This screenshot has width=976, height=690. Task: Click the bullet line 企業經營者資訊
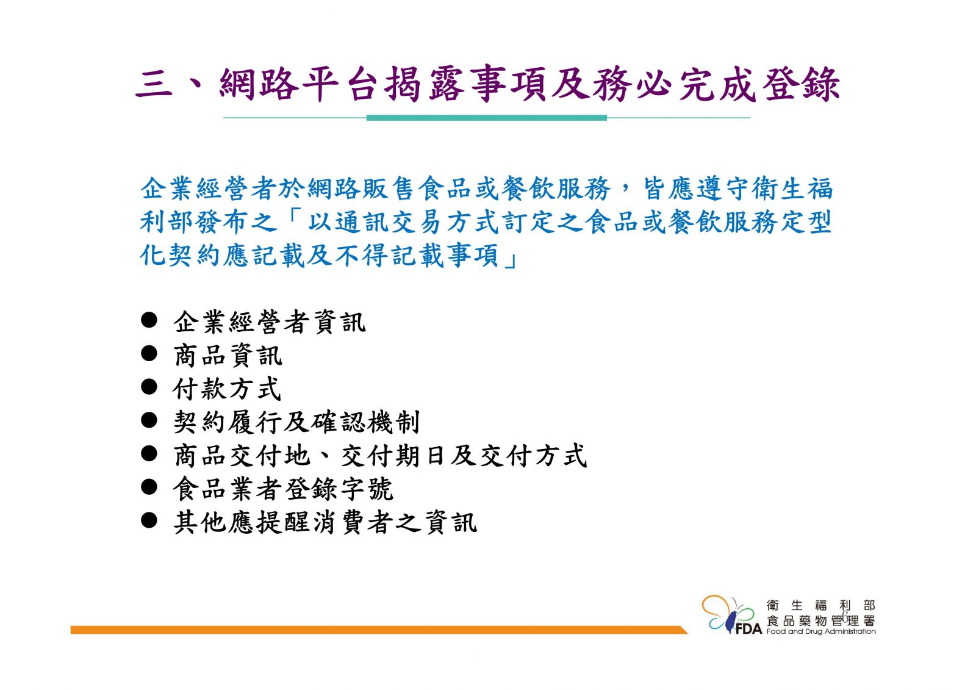coord(269,322)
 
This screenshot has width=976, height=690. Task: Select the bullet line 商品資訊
coord(228,356)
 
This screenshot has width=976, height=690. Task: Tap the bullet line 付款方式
coord(226,389)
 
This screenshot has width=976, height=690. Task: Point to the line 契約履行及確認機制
coord(296,422)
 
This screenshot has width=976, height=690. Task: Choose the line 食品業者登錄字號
coord(283,489)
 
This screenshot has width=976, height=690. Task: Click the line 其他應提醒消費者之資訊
coord(325,522)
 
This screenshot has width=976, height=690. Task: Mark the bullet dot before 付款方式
coord(149,387)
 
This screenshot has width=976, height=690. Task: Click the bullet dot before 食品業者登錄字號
coord(149,487)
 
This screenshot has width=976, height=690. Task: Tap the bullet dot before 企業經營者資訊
coord(149,320)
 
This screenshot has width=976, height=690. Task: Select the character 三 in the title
coord(154,84)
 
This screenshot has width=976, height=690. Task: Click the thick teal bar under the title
coord(487,118)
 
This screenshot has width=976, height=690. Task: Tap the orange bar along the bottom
coord(379,630)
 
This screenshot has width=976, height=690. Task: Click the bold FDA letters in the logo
coord(748,629)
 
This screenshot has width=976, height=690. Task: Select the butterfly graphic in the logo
coord(728,614)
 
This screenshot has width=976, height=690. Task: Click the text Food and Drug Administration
coord(821,631)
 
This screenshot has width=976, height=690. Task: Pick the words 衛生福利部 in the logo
coord(821,605)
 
